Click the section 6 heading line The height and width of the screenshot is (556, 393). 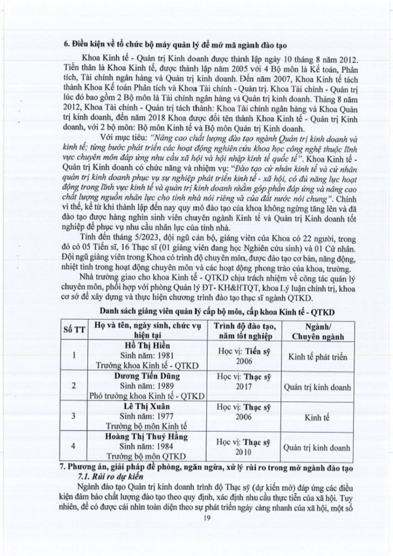[x=176, y=45]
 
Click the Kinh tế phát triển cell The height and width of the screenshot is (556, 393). [x=317, y=357]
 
